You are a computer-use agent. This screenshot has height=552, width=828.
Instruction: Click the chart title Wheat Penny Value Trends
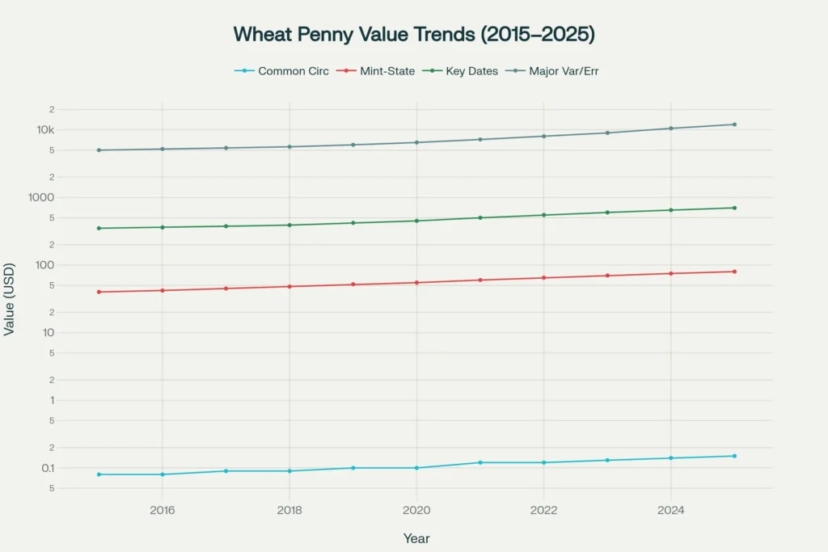414,34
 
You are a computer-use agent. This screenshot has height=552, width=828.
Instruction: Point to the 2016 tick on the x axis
163,510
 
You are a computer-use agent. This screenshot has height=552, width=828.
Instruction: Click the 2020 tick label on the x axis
416,510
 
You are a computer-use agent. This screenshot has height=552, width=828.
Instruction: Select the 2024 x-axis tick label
670,510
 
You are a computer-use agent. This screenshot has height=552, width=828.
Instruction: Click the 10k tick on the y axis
43,130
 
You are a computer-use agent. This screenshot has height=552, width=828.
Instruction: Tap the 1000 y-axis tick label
40,198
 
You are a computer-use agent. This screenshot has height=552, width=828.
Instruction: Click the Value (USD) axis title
10,299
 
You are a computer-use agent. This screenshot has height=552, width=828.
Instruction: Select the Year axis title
416,538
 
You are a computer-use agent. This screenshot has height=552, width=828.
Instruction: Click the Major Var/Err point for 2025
734,124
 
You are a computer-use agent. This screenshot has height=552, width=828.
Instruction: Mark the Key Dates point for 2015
99,228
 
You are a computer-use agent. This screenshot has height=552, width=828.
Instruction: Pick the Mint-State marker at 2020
416,282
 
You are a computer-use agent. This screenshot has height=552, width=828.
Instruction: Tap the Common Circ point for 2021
480,462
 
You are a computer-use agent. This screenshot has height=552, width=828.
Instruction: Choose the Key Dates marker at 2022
543,215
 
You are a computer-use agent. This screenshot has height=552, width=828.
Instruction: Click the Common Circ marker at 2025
734,456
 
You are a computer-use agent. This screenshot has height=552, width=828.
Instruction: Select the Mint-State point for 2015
99,292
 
